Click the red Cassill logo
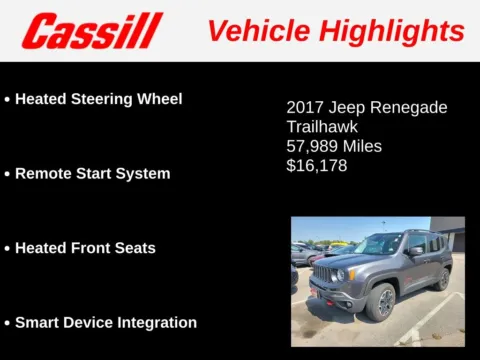point(91,31)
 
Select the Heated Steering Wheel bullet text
point(98,99)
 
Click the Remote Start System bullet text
point(92,173)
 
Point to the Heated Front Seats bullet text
point(85,247)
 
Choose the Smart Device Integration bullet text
point(105,322)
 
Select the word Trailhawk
point(322,127)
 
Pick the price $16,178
point(317,165)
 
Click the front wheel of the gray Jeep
point(381,302)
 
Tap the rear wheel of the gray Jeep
point(441,279)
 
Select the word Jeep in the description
point(356,108)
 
